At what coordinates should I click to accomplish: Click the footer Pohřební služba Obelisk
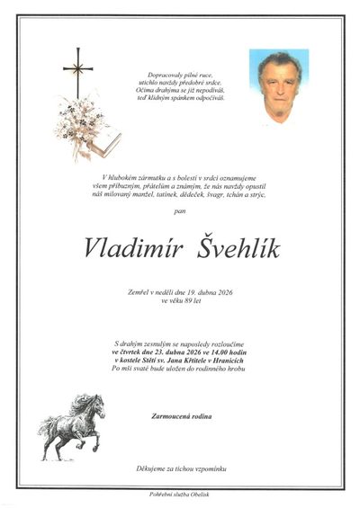pos(179,495)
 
